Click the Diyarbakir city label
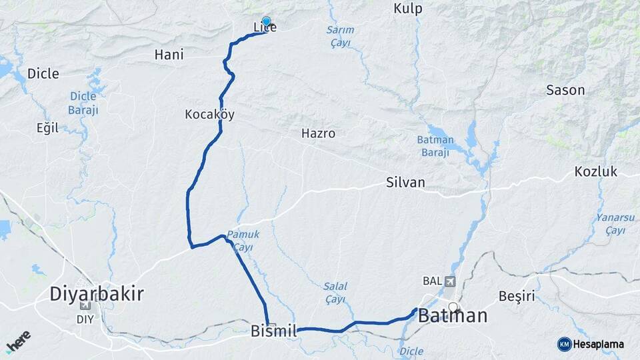(97, 294)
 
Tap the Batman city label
(453, 315)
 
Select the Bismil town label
(273, 331)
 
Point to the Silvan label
(405, 182)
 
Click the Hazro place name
(318, 133)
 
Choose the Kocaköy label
(209, 115)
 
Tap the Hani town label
(169, 55)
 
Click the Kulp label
(409, 9)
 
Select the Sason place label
(565, 90)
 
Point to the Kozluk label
(596, 172)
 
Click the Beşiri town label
(517, 296)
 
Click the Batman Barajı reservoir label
(435, 146)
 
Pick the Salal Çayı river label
(335, 293)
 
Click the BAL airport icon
(451, 281)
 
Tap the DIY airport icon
(85, 306)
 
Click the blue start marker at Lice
(266, 21)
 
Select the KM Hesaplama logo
(591, 344)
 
